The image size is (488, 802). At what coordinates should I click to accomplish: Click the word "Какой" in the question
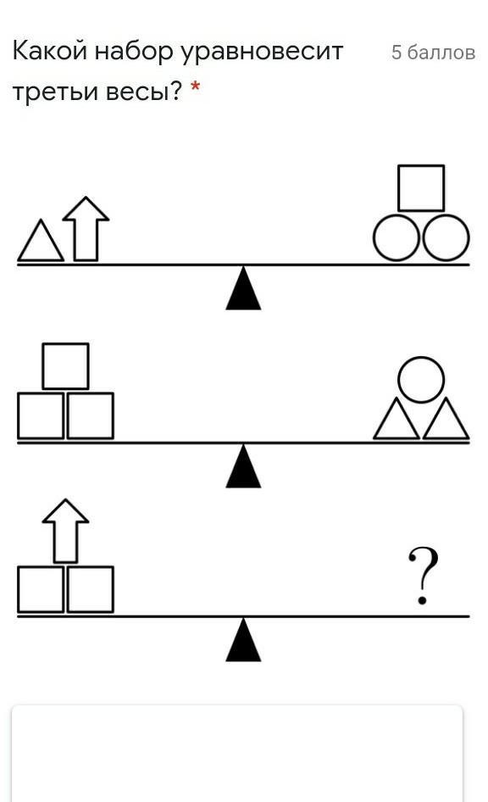tap(49, 51)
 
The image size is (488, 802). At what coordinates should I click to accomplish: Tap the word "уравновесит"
tap(262, 53)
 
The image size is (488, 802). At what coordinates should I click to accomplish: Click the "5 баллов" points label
tap(433, 53)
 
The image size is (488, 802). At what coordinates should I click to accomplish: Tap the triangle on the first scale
tap(41, 241)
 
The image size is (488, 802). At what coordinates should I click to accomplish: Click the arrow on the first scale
tap(86, 229)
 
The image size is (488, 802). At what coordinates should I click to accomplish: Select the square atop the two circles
tap(421, 187)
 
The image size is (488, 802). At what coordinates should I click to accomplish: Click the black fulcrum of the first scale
tap(244, 288)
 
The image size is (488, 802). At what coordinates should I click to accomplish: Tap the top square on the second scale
tap(65, 366)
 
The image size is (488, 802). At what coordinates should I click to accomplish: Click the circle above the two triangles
tap(421, 379)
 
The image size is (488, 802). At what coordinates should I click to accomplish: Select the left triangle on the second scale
tap(396, 419)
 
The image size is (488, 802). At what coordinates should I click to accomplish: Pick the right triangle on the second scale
tap(446, 419)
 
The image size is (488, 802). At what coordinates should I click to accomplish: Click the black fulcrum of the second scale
tap(244, 466)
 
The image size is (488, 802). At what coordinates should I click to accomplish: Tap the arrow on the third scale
tap(65, 531)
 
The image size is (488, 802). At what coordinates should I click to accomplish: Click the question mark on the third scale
tap(423, 576)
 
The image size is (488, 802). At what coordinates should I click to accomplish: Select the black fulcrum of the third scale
tap(244, 640)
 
